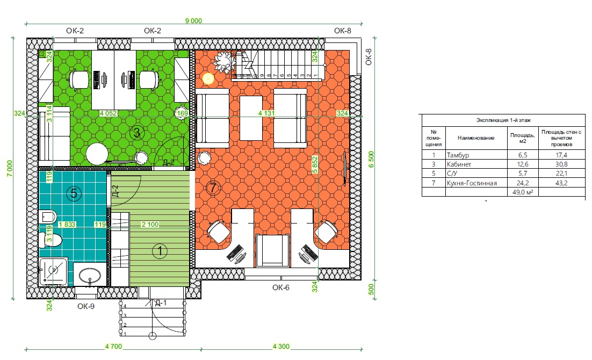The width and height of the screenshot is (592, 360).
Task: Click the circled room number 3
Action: click(137, 133)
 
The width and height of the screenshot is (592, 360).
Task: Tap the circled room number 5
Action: click(74, 194)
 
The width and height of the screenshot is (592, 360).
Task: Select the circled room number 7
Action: click(213, 188)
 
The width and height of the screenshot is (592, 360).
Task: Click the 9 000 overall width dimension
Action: click(194, 21)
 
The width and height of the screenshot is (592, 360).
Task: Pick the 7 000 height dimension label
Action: click(10, 168)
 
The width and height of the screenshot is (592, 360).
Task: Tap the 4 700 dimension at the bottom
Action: click(114, 347)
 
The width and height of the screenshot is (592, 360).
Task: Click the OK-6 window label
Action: click(281, 287)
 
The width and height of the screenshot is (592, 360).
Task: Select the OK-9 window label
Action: click(86, 306)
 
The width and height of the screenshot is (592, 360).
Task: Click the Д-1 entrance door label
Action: click(161, 303)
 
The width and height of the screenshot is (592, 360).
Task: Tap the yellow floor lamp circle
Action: click(208, 78)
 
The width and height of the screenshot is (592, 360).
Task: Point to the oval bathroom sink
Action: click(90, 275)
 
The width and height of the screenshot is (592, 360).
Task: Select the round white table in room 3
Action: click(97, 154)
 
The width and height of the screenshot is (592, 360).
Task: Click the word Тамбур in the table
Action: click(458, 155)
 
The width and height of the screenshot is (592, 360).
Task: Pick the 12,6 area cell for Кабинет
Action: click(523, 164)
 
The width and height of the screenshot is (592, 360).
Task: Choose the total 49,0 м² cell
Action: click(523, 192)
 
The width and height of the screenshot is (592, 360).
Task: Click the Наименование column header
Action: click(476, 138)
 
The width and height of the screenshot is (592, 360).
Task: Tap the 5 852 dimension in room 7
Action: click(314, 165)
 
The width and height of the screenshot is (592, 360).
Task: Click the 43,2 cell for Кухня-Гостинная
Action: click(561, 183)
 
